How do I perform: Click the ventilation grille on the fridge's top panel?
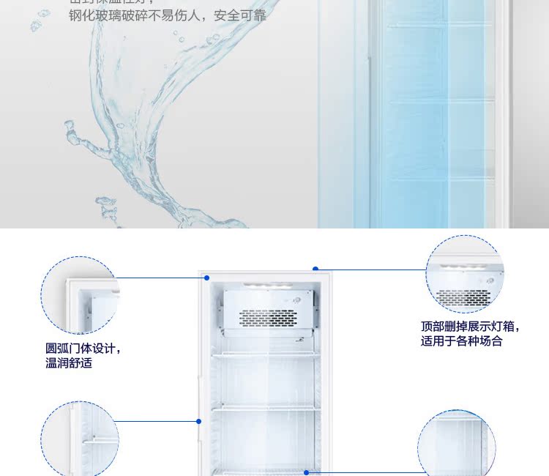coord(269,318)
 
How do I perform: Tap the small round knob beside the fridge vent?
coord(298,300)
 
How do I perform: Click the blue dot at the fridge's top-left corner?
coord(207,278)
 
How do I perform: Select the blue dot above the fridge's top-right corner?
coord(315,269)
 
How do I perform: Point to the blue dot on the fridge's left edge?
coord(198,421)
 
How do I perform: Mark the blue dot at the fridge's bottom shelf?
coord(307,472)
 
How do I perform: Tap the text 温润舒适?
coord(69,362)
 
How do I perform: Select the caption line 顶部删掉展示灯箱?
coord(469,327)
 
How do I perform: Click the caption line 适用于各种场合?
coord(461,341)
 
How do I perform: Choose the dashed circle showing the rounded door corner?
coord(80,295)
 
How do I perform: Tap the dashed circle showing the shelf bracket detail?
coord(80,438)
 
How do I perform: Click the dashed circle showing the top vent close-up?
coord(465,275)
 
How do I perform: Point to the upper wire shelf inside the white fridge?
coord(266,356)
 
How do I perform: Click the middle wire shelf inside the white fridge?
coord(266,409)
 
